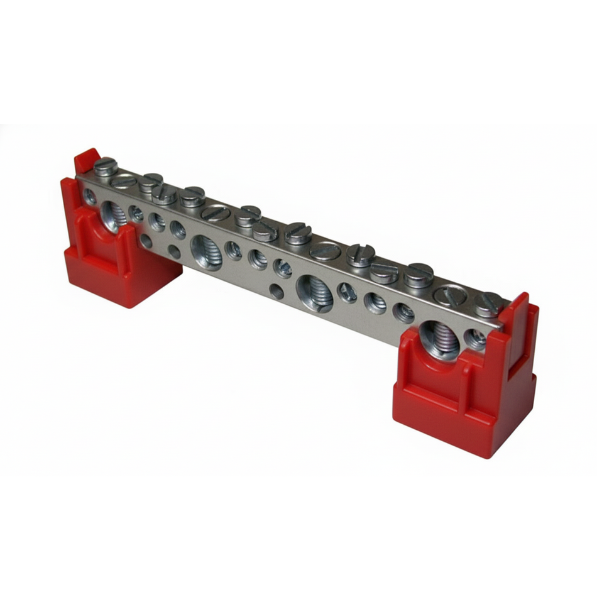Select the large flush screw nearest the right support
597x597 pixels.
[450, 294]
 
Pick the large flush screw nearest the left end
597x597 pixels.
[124, 180]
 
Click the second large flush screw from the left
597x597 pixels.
[215, 212]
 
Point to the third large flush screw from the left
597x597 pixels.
[325, 251]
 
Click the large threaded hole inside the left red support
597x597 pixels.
[114, 215]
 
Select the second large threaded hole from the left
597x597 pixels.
[206, 251]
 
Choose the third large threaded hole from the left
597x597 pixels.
[314, 292]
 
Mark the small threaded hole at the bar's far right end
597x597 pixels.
[476, 339]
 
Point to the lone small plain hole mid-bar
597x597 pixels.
[275, 290]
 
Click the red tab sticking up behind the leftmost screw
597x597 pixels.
[85, 160]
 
